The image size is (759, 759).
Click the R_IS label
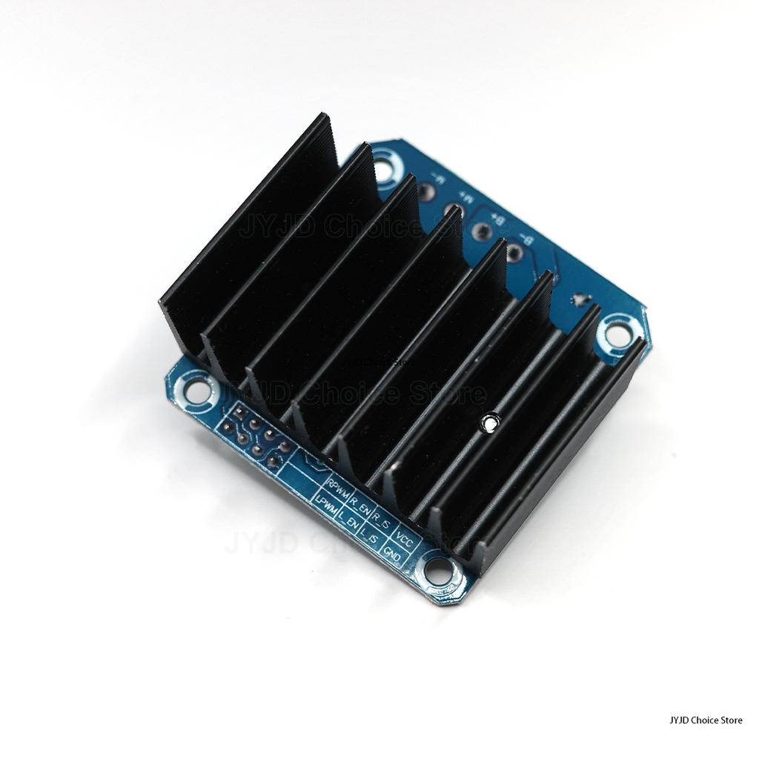(x=382, y=519)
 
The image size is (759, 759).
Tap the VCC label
(x=405, y=535)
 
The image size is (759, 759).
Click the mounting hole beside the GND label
(x=439, y=571)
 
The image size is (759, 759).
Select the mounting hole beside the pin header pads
(x=196, y=390)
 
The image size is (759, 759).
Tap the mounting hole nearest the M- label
(x=383, y=166)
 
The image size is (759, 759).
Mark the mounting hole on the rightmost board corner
(x=617, y=335)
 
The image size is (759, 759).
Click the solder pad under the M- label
(x=425, y=193)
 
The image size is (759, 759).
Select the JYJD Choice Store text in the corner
(x=705, y=720)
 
